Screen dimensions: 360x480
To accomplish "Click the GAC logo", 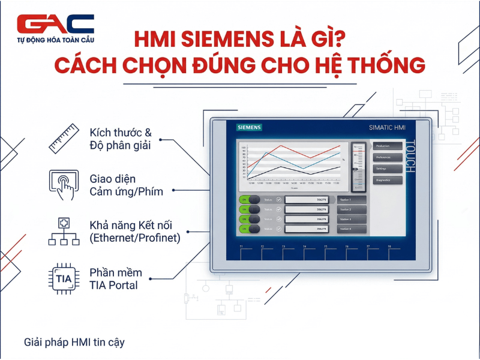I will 56,25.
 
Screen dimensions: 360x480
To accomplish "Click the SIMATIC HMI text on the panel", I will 388,128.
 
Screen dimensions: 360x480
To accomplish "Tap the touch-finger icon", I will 63,184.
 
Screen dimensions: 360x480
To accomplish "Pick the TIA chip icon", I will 63,278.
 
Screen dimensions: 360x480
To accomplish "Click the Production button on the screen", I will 387,146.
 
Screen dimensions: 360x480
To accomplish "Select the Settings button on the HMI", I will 387,169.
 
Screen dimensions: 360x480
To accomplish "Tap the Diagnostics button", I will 387,180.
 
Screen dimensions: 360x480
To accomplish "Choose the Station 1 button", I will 352,199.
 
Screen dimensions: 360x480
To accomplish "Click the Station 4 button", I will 352,229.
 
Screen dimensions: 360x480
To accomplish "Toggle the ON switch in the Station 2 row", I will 249,209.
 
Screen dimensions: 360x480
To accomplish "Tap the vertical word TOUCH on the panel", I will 410,156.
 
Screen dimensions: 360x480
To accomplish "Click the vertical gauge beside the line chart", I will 358,166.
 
